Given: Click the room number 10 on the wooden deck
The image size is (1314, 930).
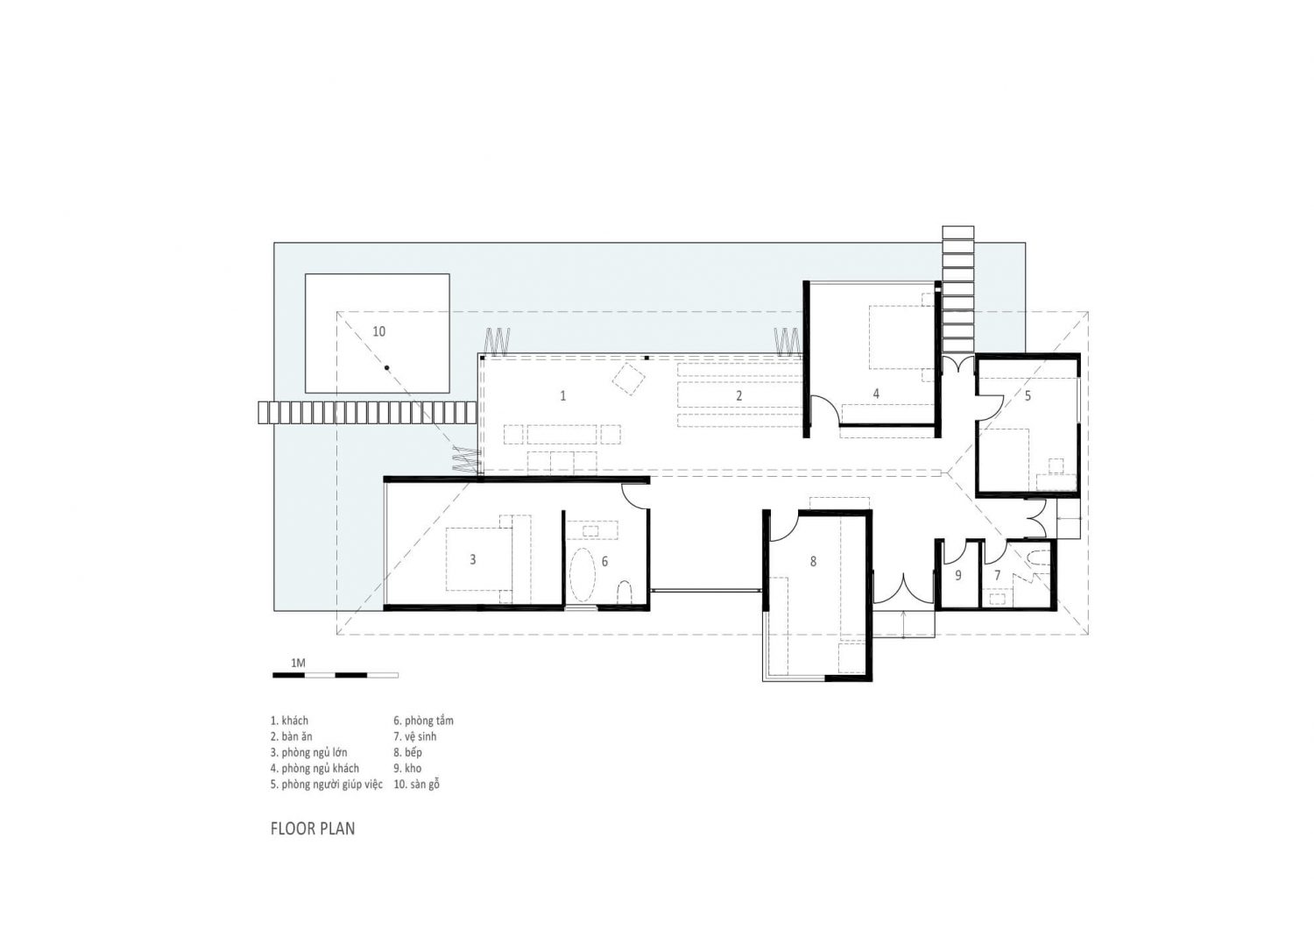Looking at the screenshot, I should click(x=378, y=331).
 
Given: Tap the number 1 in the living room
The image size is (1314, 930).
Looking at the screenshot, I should click(x=562, y=396).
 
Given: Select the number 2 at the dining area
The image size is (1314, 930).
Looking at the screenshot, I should click(x=738, y=396).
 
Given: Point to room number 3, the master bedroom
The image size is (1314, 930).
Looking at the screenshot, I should click(x=473, y=559).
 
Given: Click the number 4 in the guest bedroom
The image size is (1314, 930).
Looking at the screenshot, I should click(x=875, y=394).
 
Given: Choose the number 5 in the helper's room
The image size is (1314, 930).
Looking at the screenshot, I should click(x=1028, y=396).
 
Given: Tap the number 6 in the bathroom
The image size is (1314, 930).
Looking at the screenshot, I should click(x=604, y=560).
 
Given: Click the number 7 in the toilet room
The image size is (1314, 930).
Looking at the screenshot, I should click(x=997, y=575).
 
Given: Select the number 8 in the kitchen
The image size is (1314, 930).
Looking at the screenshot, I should click(x=813, y=561).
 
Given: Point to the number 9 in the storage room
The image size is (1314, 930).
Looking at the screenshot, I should click(x=957, y=576).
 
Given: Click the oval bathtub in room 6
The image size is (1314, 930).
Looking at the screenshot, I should click(x=582, y=575).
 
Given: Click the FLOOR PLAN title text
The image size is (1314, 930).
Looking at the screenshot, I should click(x=313, y=828).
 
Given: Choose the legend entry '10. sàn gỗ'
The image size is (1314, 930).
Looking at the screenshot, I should click(x=417, y=784).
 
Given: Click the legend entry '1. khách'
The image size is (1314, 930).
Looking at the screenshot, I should click(x=290, y=721).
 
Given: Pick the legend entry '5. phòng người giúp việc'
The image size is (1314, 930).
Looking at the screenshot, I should click(x=327, y=784).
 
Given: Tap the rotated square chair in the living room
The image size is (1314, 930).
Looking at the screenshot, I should click(x=628, y=380).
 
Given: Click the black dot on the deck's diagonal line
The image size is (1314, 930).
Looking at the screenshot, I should click(x=385, y=366).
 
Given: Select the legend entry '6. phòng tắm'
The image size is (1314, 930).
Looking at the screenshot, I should click(x=424, y=721).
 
